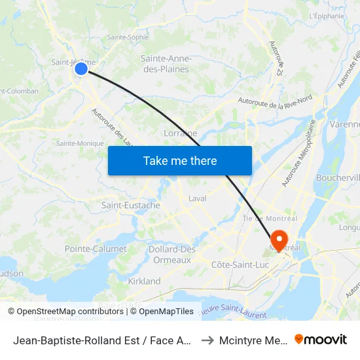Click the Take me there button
point(180,160)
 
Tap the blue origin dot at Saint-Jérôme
point(81,68)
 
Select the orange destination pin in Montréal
point(279,240)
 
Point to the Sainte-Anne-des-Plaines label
point(165,63)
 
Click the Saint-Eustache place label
point(131,205)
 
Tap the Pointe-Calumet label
point(96,249)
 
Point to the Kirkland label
point(144,281)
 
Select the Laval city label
point(197,198)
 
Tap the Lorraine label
point(179,133)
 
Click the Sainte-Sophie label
point(128,37)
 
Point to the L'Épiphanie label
point(327,16)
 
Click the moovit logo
point(321,339)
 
